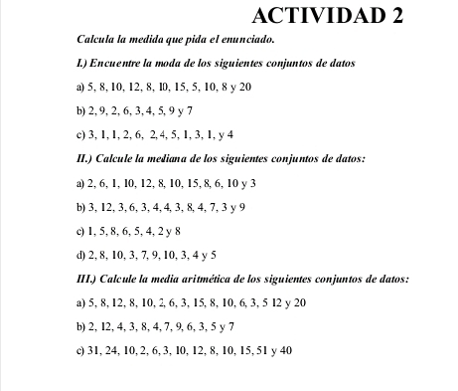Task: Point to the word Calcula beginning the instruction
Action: [x=94, y=41]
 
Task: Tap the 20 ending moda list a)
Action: [x=245, y=88]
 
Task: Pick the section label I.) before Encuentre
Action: [x=83, y=64]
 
